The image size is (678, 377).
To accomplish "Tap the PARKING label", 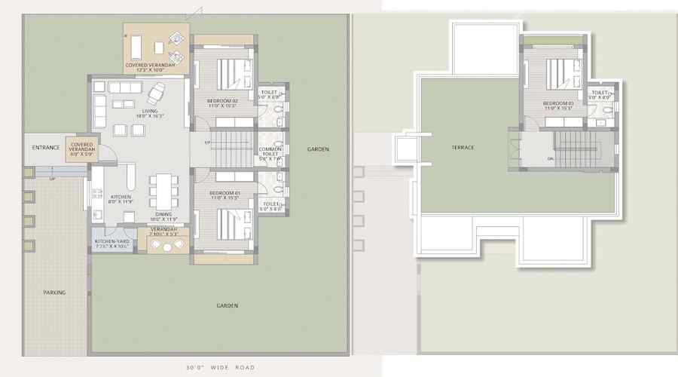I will [53, 293].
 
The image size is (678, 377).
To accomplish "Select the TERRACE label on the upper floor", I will [463, 148].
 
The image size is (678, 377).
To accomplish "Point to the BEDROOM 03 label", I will [558, 103].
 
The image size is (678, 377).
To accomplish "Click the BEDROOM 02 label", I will [223, 100].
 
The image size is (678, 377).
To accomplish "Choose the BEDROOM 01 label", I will [224, 194].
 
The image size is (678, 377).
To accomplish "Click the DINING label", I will [163, 214].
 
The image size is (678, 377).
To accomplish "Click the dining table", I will [163, 192].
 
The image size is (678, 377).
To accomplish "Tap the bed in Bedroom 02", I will [230, 75].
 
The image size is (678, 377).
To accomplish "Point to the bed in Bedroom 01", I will [230, 222].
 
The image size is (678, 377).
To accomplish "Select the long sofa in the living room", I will [125, 87].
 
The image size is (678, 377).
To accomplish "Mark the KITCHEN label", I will [121, 197].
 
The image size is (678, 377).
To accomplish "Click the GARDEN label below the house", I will [228, 305].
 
